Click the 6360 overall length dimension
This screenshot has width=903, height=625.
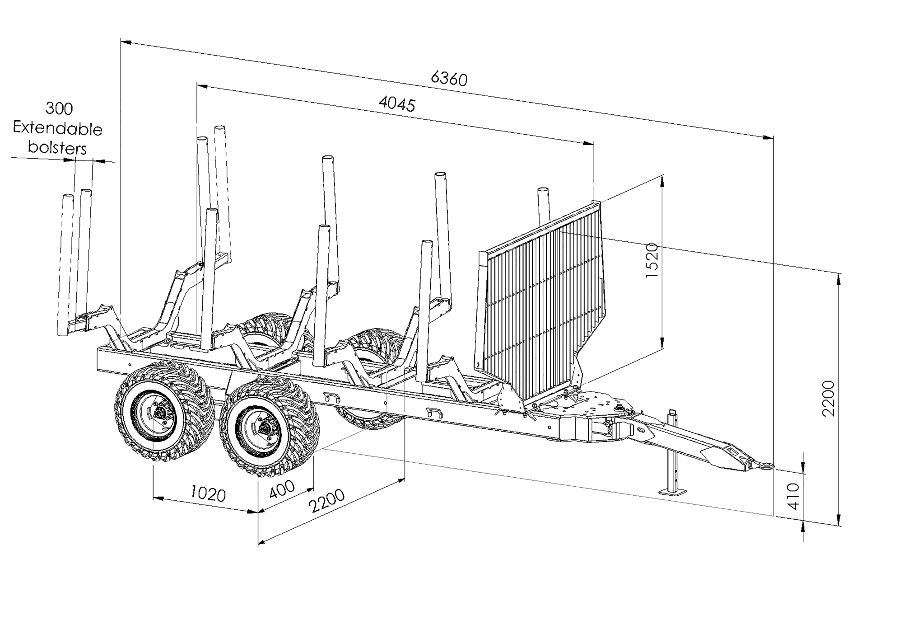(449, 79)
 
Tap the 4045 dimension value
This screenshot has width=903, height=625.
(397, 104)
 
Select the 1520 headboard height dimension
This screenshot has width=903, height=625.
(652, 260)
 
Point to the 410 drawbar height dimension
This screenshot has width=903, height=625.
(793, 496)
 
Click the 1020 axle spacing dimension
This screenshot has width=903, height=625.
(208, 493)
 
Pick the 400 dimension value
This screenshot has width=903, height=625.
(282, 489)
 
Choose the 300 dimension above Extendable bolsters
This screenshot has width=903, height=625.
(59, 108)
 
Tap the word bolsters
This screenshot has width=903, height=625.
(57, 148)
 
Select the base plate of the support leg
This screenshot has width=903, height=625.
(672, 492)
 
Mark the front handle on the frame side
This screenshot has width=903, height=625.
(434, 412)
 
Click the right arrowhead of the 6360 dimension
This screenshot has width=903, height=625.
(768, 137)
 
